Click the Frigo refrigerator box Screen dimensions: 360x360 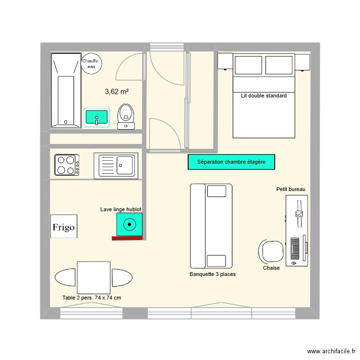(x=64, y=227)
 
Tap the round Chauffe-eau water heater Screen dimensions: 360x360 (x=91, y=64)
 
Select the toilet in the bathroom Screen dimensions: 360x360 (x=126, y=116)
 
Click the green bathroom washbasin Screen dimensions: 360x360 (x=97, y=117)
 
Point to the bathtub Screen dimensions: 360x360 (x=66, y=90)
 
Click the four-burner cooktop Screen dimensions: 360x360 (x=67, y=165)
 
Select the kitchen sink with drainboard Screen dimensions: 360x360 (x=116, y=165)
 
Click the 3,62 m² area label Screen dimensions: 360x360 (x=117, y=91)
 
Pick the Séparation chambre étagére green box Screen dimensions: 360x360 (x=231, y=162)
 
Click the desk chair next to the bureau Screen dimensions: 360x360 (x=271, y=251)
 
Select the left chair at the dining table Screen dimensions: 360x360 (x=66, y=278)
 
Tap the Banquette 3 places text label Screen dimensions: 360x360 (x=213, y=275)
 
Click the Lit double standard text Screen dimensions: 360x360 (x=264, y=96)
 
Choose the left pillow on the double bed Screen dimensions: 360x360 (x=248, y=65)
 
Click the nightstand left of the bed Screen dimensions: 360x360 (x=225, y=61)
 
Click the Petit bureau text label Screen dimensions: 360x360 (x=291, y=189)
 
